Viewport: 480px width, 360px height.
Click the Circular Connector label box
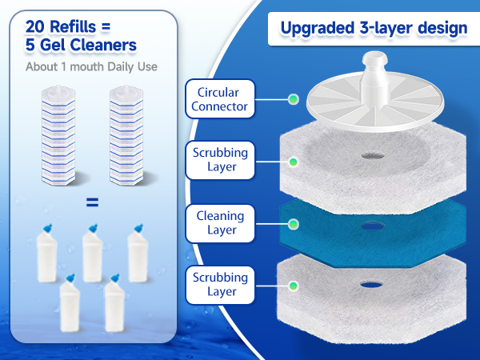220,99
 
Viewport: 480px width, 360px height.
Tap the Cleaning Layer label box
220,223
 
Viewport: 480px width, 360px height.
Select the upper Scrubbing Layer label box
220,160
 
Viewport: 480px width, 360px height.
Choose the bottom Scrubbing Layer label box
220,285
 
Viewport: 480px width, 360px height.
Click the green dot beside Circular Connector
294,99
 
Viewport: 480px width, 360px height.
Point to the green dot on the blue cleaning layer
294,224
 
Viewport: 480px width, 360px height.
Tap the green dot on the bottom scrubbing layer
294,286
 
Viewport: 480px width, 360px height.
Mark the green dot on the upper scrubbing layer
294,162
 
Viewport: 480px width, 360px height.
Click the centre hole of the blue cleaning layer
373,226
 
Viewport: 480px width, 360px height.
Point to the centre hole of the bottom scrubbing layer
371,285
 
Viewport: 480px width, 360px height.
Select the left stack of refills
58,135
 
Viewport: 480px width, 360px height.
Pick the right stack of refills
126,135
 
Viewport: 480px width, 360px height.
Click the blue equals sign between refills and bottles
93,202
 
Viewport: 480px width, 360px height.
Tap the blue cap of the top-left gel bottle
48,228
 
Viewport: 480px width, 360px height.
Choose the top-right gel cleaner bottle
138,253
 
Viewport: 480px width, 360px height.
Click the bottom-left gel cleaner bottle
70,302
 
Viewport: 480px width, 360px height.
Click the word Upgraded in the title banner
318,28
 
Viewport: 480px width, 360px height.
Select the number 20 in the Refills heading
35,26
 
